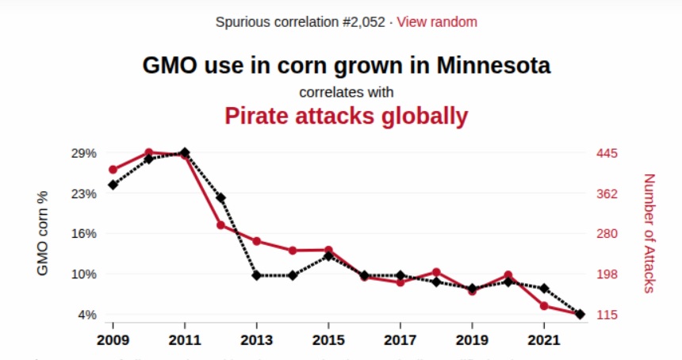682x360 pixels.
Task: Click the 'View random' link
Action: pyautogui.click(x=437, y=21)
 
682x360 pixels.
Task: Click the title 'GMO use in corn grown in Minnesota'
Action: pyautogui.click(x=347, y=64)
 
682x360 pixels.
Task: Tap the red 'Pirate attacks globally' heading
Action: pyautogui.click(x=347, y=117)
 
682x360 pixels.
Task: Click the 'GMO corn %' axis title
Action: pyautogui.click(x=43, y=233)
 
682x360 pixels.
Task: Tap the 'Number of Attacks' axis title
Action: pyautogui.click(x=649, y=233)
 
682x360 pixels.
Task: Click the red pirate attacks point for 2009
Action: pyautogui.click(x=113, y=170)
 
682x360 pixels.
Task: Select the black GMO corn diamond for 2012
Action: pyautogui.click(x=221, y=197)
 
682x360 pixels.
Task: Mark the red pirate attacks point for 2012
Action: pyautogui.click(x=221, y=225)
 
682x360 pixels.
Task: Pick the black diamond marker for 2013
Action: pyautogui.click(x=257, y=275)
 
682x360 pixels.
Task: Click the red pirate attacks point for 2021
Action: pyautogui.click(x=544, y=305)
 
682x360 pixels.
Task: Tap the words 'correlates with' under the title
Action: pyautogui.click(x=347, y=91)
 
